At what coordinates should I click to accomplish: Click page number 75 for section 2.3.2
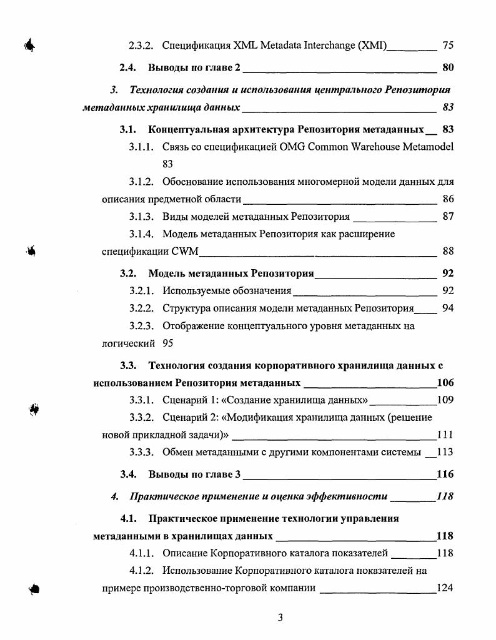click(x=447, y=45)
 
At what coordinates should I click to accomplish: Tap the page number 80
click(x=447, y=67)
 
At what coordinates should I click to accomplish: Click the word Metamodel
click(x=428, y=147)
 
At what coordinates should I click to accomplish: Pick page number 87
click(x=447, y=217)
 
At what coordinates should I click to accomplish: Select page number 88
click(x=447, y=252)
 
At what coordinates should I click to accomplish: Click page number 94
click(x=447, y=308)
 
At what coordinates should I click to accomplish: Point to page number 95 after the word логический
click(x=167, y=343)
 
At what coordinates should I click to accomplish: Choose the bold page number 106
click(x=445, y=383)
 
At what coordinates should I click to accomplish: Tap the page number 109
click(x=445, y=400)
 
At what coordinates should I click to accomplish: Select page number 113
click(x=445, y=452)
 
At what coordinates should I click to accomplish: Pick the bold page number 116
click(x=445, y=475)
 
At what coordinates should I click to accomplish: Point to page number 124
click(x=445, y=588)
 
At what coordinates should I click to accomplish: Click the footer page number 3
click(x=280, y=618)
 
